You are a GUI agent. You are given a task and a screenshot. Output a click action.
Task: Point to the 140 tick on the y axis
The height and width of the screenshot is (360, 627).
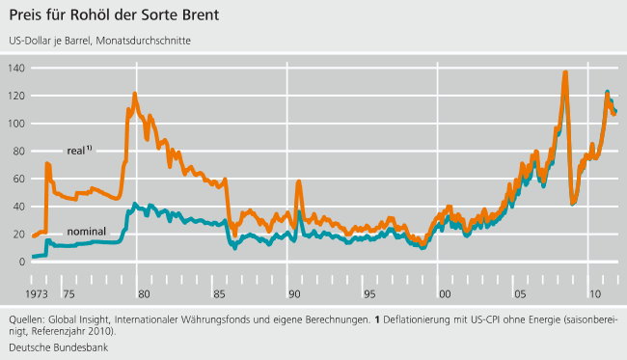[16, 68]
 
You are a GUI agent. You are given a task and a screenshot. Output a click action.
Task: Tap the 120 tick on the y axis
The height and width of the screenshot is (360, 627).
[16, 96]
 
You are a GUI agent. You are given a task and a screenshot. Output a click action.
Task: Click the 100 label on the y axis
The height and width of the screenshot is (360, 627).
[16, 124]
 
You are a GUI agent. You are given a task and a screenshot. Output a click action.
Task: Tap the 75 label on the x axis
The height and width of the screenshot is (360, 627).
[68, 292]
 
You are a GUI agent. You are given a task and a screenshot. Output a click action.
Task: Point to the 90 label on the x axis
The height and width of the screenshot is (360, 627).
[290, 292]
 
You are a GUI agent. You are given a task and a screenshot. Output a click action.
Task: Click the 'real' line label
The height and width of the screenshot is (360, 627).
[79, 151]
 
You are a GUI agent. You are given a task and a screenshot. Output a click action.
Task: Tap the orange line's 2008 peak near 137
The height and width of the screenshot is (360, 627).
[564, 73]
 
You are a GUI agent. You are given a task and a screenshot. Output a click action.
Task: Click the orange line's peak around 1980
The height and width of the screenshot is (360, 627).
[134, 95]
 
